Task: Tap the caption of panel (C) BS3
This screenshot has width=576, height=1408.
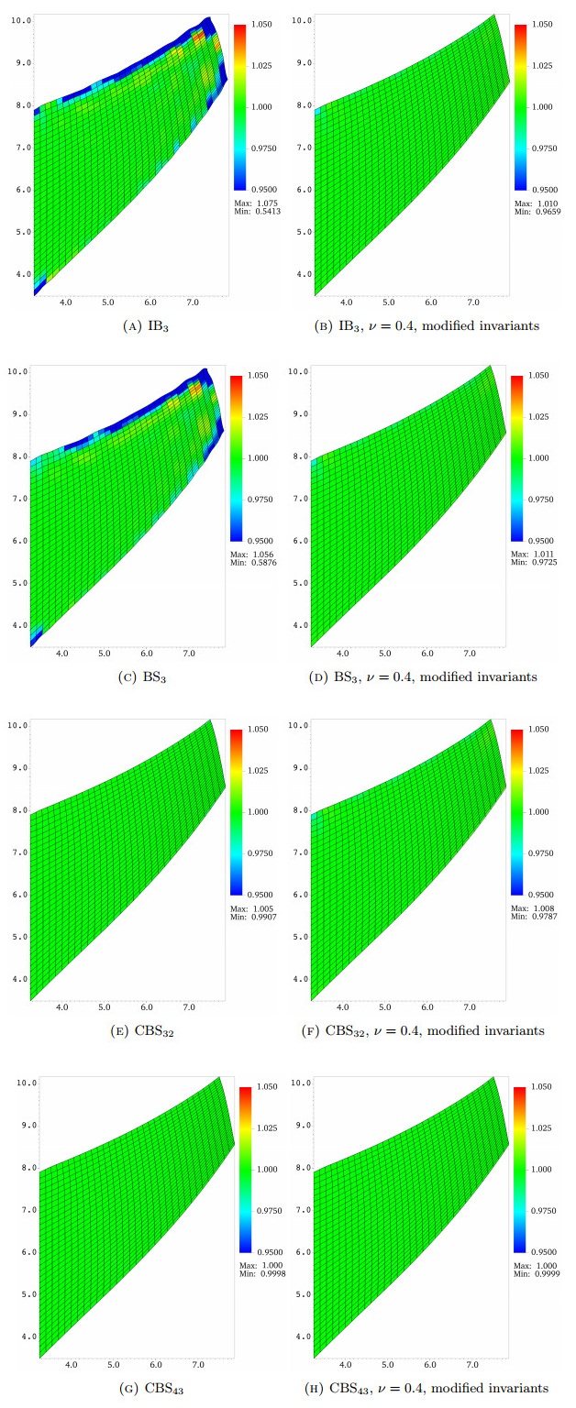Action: click(132, 676)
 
